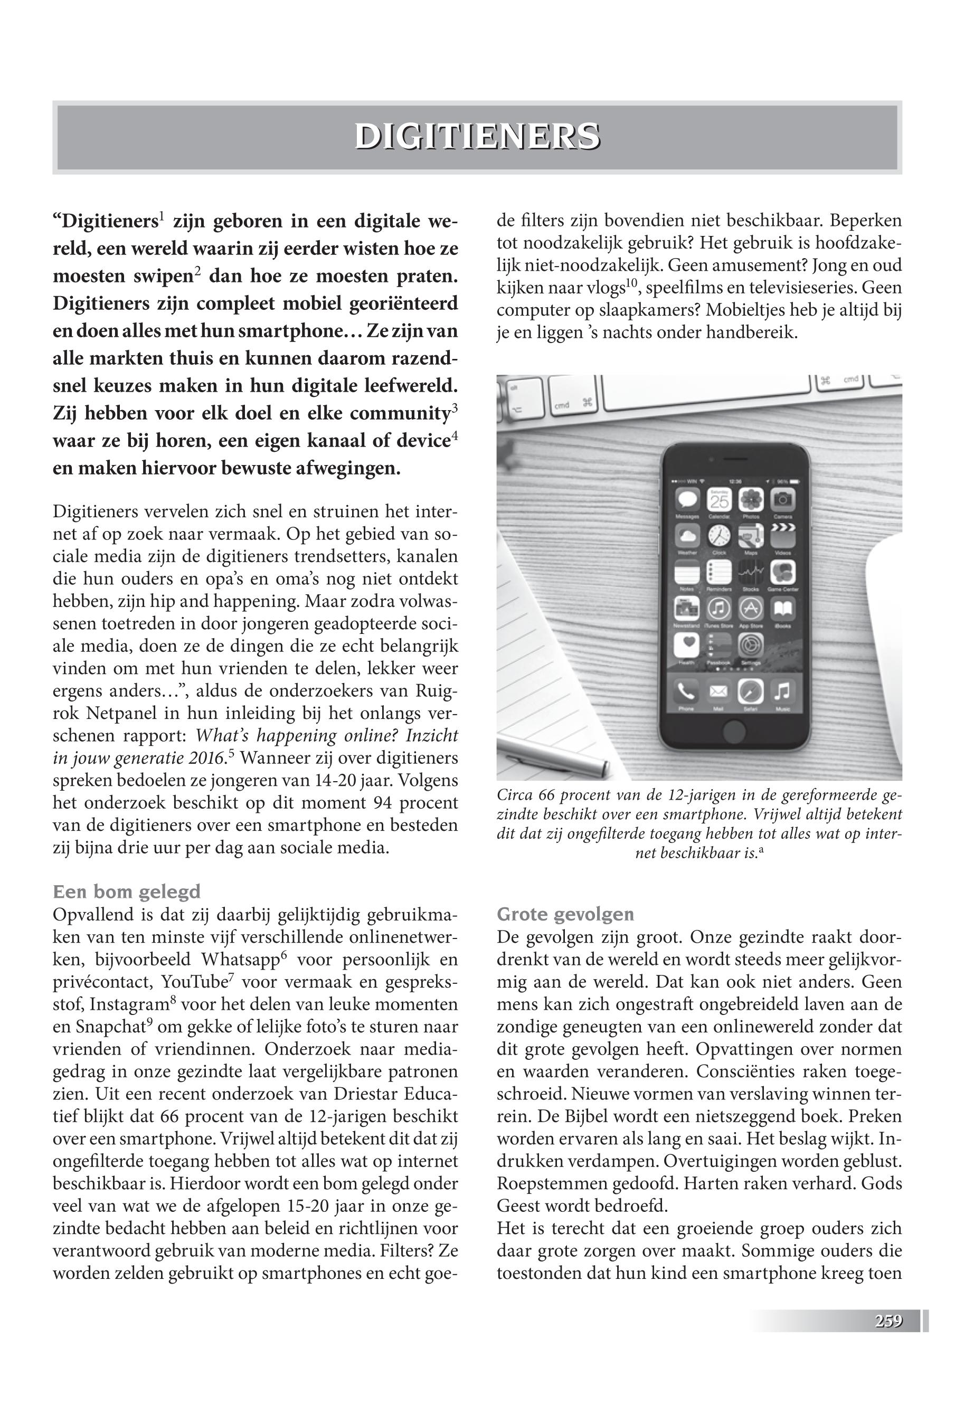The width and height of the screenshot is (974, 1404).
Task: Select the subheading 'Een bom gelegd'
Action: click(126, 892)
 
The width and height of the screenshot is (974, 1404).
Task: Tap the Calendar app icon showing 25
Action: click(718, 501)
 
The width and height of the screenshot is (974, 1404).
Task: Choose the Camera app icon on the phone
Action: click(782, 501)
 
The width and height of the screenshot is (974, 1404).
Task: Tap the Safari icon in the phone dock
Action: click(750, 692)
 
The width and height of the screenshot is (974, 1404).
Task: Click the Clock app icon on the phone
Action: click(718, 536)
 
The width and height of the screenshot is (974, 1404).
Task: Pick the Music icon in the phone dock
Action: click(782, 692)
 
